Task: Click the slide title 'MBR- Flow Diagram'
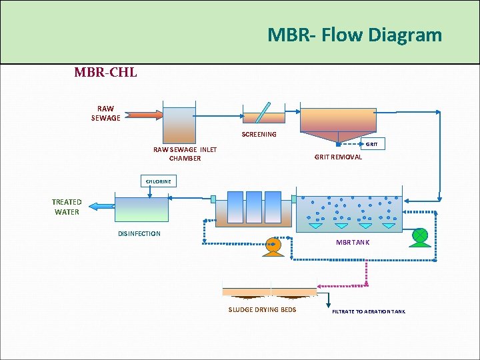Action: coord(354,35)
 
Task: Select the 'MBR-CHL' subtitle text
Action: coord(105,72)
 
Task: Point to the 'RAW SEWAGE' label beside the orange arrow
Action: coord(105,113)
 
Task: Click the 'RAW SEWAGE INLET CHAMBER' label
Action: coord(185,154)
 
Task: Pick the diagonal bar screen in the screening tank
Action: coord(265,112)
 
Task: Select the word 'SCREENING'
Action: coord(259,135)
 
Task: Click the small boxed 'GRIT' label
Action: coord(372,144)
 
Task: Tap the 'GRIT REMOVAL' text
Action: coord(338,157)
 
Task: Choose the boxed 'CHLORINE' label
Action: coord(159,181)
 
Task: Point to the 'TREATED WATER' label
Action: coord(67,207)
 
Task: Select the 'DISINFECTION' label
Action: coord(139,234)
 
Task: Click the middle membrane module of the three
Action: coord(254,207)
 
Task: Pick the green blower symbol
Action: coord(420,236)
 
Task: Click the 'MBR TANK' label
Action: coord(352,242)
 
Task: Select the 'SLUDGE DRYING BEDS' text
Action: coord(262,310)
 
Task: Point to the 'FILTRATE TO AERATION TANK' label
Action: coord(368,311)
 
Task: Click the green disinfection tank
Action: coord(141,209)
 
